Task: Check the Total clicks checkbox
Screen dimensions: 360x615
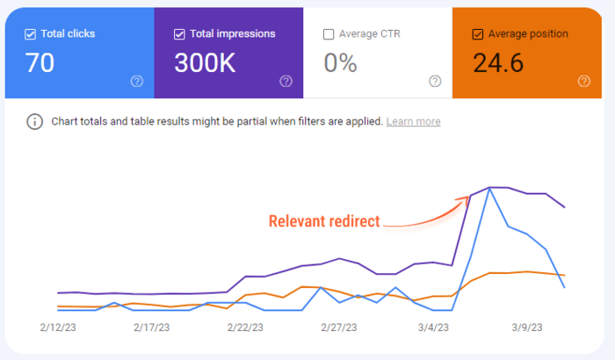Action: point(30,34)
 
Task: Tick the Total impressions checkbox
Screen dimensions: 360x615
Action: point(179,34)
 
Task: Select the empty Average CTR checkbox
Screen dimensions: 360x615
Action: point(329,34)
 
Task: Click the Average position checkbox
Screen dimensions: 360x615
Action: point(478,34)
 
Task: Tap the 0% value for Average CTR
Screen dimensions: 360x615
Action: point(340,63)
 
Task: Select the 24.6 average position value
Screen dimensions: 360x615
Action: point(504,63)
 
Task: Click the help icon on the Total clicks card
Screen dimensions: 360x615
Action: point(137,81)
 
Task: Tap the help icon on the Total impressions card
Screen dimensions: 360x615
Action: point(286,81)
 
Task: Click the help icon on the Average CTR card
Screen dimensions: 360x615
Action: point(435,81)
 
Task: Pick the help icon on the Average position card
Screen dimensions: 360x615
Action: point(584,81)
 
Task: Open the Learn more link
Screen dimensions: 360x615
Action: point(413,121)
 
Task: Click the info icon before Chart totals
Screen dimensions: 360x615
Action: point(35,121)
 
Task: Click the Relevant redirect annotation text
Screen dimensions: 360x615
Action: point(324,221)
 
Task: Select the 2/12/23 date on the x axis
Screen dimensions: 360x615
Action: point(59,328)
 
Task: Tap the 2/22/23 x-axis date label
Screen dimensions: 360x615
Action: point(247,328)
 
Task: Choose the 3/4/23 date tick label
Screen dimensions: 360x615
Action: point(433,328)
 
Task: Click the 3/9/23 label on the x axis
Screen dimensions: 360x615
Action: point(527,328)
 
